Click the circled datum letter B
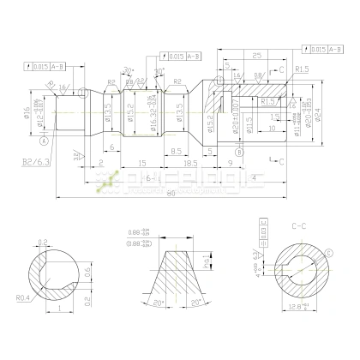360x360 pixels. point(239,151)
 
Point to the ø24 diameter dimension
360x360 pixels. point(317,115)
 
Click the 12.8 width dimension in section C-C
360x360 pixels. point(297,306)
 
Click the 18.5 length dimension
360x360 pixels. point(190,160)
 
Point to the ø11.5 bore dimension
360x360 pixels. point(249,121)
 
